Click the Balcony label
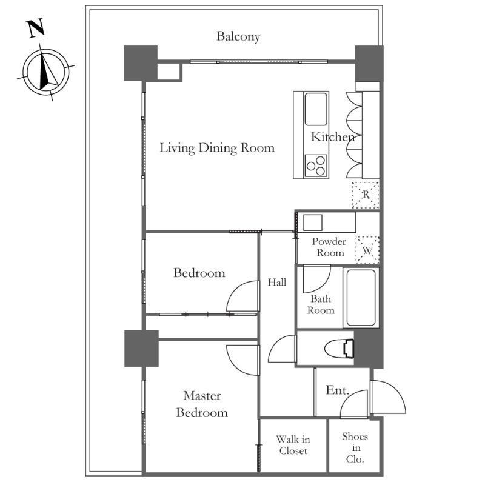(x=238, y=36)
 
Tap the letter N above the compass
(x=36, y=28)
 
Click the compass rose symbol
(x=46, y=72)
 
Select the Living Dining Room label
(x=217, y=148)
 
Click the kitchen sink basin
(x=316, y=109)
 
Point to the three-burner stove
(x=316, y=166)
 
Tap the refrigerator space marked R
(x=366, y=195)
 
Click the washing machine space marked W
(x=367, y=250)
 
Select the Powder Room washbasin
(x=313, y=222)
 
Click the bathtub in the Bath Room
(x=361, y=298)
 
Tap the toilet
(x=339, y=349)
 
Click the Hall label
(x=277, y=282)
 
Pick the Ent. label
(x=338, y=390)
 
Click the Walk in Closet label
(x=293, y=445)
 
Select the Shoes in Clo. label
(x=355, y=447)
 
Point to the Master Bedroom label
(x=202, y=404)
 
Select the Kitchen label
(x=333, y=137)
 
